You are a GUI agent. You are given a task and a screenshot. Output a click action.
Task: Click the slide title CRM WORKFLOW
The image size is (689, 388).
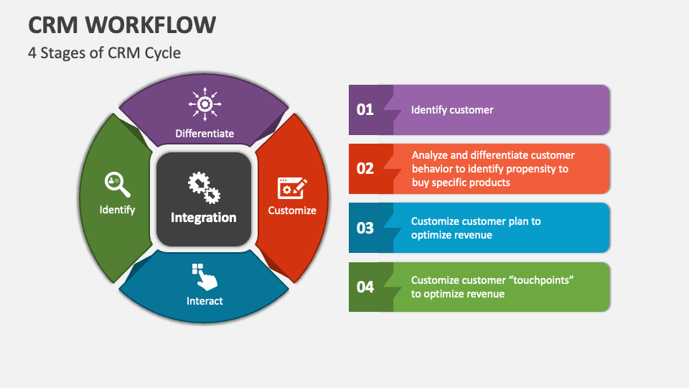pos(122,24)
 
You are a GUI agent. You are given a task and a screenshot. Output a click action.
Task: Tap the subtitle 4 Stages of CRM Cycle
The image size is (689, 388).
pos(105,52)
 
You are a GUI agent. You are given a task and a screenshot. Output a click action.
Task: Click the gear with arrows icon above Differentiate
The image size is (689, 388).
pos(205,104)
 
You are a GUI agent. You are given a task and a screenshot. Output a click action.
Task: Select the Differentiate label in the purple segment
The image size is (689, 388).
pos(205,134)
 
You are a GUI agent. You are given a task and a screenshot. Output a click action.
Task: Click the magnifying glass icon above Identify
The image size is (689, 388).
pos(117,185)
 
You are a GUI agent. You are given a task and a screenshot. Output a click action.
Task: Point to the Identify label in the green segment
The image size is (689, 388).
pos(117,210)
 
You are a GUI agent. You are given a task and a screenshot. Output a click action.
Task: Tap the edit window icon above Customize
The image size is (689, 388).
pos(292,188)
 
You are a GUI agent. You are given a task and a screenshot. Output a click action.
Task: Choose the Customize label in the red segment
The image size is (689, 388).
pos(292,211)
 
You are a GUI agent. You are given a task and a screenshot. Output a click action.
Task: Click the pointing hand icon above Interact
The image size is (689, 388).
pos(205,277)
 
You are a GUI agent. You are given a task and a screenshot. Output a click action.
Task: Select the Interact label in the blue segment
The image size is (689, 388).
pos(205,301)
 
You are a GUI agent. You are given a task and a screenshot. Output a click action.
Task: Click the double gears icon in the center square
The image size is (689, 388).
pos(205,188)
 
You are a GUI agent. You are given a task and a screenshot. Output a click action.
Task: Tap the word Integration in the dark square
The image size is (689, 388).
pos(203,217)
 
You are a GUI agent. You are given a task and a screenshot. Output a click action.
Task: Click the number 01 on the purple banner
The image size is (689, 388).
pos(365,109)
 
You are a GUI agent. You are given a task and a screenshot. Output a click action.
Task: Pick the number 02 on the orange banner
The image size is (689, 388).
pos(365,168)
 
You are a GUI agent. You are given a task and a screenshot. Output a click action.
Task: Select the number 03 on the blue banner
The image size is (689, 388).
pos(365,228)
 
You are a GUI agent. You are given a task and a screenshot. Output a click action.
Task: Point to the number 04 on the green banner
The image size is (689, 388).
pos(365,287)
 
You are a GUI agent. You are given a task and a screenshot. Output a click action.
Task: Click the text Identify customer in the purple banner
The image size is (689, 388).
pos(452,110)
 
